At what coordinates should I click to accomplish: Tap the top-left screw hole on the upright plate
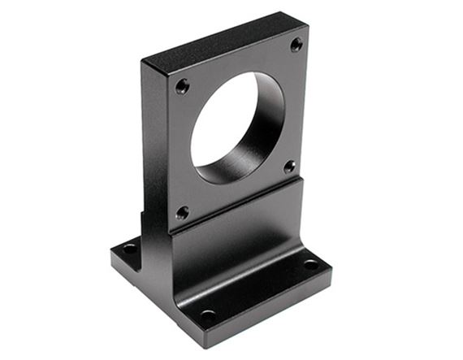[182, 85]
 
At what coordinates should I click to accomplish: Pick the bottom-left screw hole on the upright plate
[183, 213]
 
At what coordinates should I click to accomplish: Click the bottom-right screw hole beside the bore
[289, 167]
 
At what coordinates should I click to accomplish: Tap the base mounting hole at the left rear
[130, 247]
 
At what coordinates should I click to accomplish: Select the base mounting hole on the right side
[310, 264]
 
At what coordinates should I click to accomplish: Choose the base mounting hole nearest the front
[208, 315]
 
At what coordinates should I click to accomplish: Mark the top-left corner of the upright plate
[144, 63]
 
